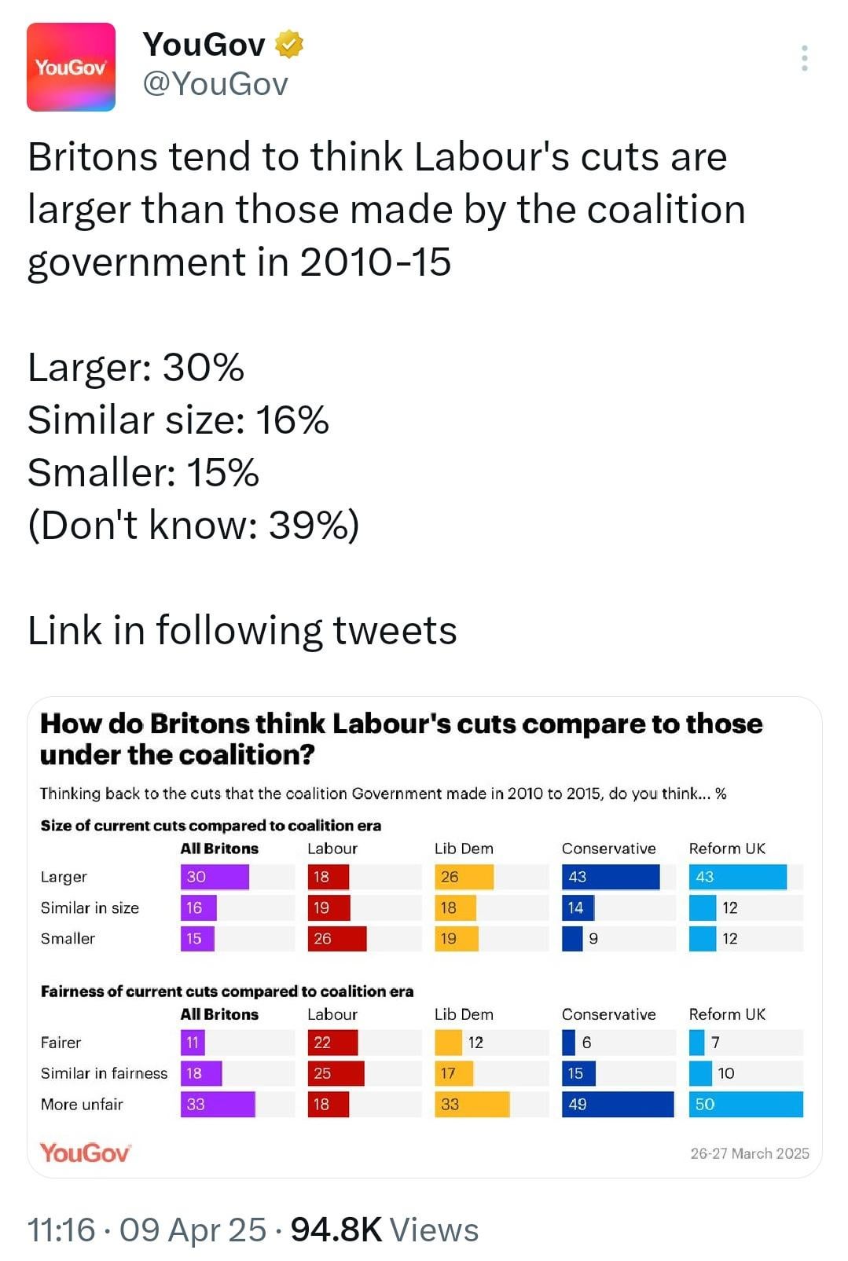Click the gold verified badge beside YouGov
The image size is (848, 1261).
click(x=289, y=45)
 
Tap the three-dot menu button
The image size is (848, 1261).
click(x=805, y=58)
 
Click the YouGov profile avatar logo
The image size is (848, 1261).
click(x=71, y=67)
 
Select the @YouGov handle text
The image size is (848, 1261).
click(x=215, y=84)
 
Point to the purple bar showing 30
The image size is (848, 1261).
click(x=215, y=877)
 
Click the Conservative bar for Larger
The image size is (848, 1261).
click(x=611, y=877)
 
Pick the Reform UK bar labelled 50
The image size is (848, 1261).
click(x=746, y=1104)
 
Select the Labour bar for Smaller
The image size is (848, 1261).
click(x=336, y=938)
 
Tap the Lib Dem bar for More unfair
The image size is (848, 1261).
click(x=472, y=1104)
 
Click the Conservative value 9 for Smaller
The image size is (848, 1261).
click(x=593, y=938)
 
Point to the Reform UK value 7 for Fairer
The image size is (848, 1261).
click(x=715, y=1043)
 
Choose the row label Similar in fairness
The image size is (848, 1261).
click(x=105, y=1073)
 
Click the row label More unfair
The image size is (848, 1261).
click(x=82, y=1104)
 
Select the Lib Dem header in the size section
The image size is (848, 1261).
click(x=464, y=849)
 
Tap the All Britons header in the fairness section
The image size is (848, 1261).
click(x=219, y=1014)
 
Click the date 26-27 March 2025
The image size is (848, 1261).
click(x=750, y=1153)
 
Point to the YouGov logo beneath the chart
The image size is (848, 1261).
click(x=85, y=1153)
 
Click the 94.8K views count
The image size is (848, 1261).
click(x=384, y=1230)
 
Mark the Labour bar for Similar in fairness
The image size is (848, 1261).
click(x=336, y=1073)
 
